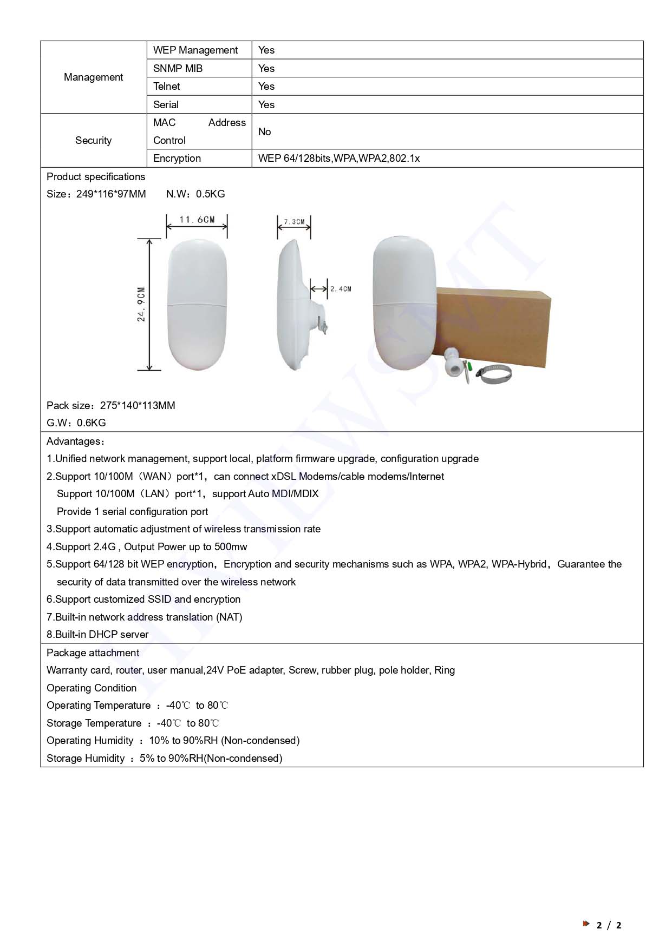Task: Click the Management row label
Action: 93,77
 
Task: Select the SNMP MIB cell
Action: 178,68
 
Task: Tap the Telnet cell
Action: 167,87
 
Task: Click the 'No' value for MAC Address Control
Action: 265,131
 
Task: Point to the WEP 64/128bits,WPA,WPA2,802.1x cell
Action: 339,159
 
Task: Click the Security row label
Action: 93,141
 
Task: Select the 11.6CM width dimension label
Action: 197,220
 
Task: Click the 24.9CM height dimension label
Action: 141,304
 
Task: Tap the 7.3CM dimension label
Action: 294,222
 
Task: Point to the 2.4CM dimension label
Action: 341,289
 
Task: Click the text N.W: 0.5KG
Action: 195,194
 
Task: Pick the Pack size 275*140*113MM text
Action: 111,406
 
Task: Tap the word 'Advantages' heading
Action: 74,441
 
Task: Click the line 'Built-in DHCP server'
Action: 97,635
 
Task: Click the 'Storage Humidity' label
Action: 86,759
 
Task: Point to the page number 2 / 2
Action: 609,925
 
